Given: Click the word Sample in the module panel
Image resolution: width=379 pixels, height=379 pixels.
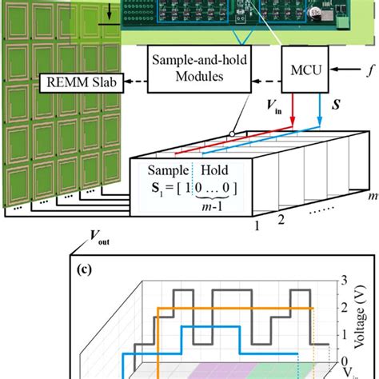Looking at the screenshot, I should [166, 170].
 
